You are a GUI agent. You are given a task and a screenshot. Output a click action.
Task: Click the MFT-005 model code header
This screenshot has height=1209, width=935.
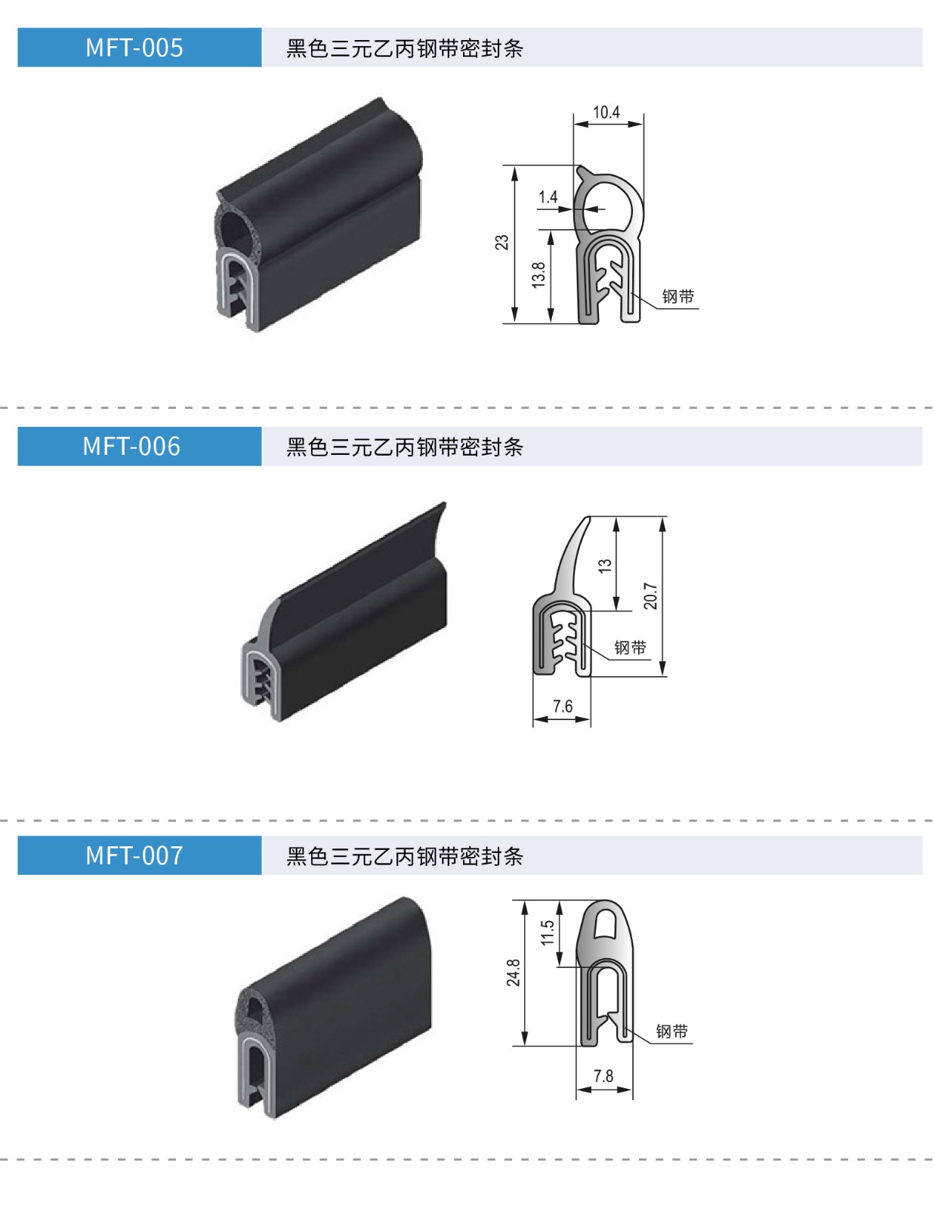point(134,48)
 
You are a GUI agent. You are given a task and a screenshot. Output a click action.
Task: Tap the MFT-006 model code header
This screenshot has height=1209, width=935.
point(131,447)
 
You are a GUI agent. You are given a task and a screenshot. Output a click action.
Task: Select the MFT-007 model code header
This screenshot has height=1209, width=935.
point(134,855)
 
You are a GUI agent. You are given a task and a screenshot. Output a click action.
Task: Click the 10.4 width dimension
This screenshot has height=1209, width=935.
point(606,113)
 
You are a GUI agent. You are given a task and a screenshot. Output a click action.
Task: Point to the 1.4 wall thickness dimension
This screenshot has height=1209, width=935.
point(548,197)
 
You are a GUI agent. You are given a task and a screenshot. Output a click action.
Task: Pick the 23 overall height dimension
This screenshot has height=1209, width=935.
point(502,243)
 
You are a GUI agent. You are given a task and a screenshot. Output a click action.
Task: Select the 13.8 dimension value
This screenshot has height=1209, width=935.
point(538,274)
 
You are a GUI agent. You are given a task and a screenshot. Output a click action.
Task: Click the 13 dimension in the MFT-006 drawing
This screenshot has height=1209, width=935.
point(605,565)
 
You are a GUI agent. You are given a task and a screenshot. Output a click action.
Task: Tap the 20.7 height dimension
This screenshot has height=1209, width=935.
point(650,596)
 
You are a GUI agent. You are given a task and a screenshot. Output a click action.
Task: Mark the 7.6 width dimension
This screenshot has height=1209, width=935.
point(563,707)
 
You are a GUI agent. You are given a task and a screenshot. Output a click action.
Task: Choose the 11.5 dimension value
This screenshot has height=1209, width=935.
point(548,932)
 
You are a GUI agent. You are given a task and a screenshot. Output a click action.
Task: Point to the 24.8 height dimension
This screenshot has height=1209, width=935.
point(514,972)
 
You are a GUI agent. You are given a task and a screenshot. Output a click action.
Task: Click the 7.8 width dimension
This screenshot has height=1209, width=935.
point(603,1076)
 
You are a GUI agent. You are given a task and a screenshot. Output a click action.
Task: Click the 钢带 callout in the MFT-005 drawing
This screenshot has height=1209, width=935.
point(678,297)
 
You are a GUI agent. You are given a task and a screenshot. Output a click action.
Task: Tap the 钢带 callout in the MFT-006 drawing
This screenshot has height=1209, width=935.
point(631,648)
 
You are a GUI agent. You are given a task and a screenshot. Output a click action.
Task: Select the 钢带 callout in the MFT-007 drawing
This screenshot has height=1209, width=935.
point(672,1031)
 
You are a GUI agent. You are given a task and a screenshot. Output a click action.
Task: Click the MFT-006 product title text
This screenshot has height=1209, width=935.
point(405,447)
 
